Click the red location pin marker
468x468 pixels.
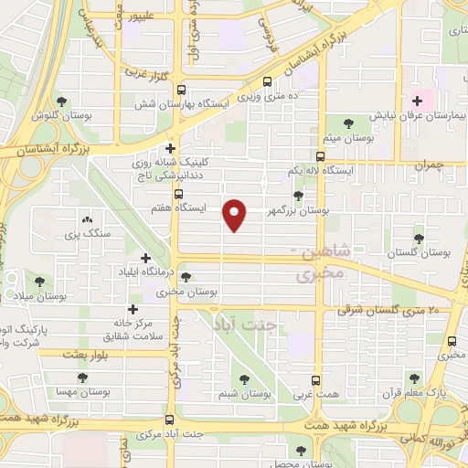(x=236, y=214)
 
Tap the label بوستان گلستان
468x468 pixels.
(x=420, y=251)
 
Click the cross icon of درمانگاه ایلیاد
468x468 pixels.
(x=145, y=258)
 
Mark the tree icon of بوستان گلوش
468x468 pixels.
(x=61, y=101)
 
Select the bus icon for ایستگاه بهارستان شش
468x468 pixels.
(x=180, y=90)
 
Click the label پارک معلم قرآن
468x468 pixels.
(x=437, y=393)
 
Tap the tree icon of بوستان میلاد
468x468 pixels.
(x=38, y=282)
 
